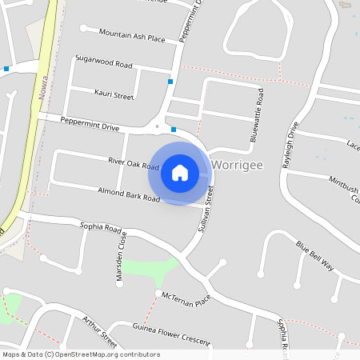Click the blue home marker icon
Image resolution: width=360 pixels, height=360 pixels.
point(179,172)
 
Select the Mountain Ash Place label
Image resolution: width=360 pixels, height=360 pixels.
point(132,35)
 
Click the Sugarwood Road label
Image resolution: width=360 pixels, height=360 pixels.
point(103,60)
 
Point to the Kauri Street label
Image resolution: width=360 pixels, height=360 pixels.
point(113,95)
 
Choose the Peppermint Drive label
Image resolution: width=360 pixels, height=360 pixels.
point(90,124)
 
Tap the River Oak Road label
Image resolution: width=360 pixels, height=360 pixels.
point(134,162)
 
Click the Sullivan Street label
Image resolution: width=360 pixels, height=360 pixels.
point(206,210)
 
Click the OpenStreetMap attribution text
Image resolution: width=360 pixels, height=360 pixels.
point(81,354)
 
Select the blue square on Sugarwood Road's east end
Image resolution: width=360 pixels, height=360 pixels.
point(170,81)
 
